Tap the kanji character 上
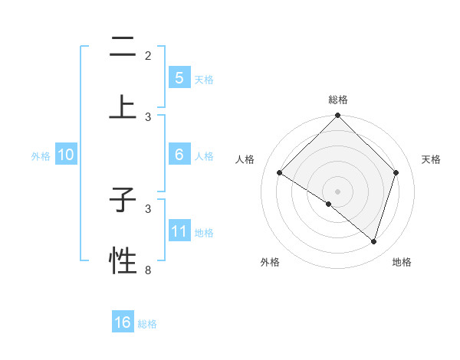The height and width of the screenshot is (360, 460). click(123, 108)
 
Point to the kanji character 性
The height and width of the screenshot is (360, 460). click(123, 261)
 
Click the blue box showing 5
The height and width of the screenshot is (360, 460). click(179, 77)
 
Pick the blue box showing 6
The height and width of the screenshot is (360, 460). click(179, 154)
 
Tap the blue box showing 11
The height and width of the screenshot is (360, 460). click(179, 231)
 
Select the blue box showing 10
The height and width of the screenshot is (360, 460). click(66, 154)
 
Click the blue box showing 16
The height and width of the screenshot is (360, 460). click(123, 322)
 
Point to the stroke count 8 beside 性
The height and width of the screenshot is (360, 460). click(148, 270)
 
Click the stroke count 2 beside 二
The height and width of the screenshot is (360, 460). click(148, 56)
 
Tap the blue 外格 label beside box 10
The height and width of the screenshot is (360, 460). click(41, 155)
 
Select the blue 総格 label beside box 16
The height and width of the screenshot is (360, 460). click(148, 324)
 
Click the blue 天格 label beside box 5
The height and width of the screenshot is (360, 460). click(204, 79)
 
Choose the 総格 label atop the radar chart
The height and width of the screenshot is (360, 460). click(337, 100)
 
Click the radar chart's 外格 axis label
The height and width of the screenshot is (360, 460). click(270, 262)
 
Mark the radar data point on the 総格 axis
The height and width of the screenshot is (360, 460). click(337, 116)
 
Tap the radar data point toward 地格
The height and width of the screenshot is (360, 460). click(374, 241)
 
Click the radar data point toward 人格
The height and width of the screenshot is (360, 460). click(280, 173)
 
